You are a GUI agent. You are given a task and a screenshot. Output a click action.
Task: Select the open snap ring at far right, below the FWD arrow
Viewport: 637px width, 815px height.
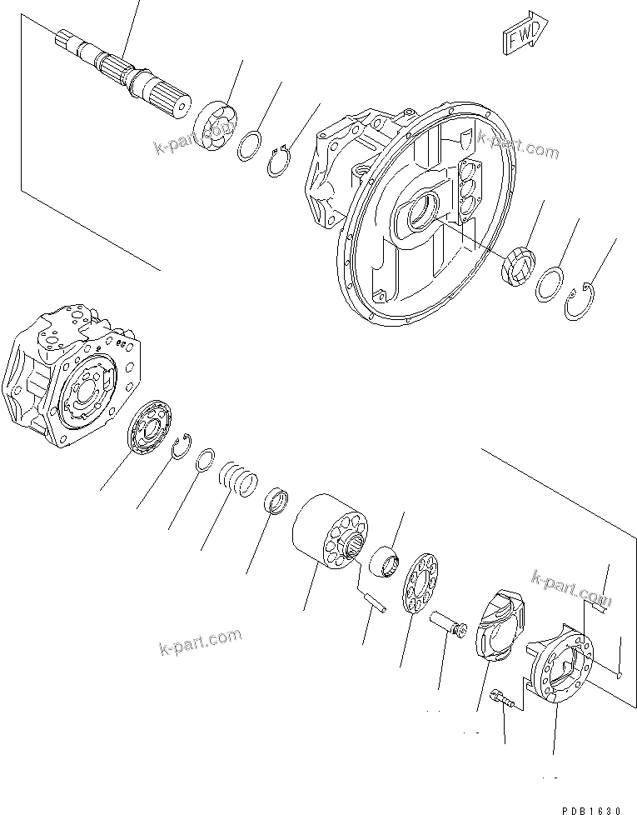point(584,301)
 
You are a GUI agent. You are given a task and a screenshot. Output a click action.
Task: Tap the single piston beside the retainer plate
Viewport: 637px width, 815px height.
point(453,623)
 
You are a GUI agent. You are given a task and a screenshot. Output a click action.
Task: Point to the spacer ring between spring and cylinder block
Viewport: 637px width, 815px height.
point(276,502)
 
